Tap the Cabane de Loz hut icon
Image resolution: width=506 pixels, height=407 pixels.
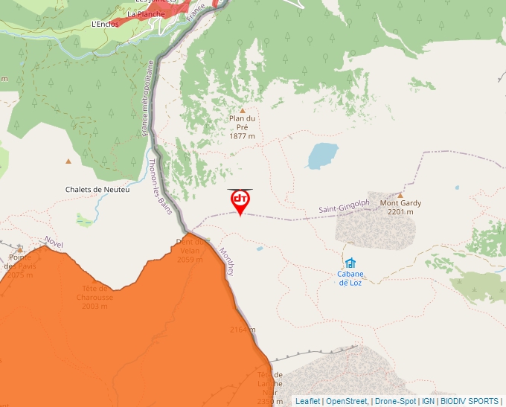(x=350, y=263)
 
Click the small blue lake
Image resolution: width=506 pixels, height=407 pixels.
(x=321, y=156)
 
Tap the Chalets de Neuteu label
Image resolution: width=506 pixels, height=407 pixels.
(x=97, y=190)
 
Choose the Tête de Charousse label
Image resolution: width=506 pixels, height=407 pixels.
(x=95, y=297)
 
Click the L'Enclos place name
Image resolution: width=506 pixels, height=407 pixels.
(x=105, y=25)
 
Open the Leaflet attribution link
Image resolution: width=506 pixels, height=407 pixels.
(x=307, y=401)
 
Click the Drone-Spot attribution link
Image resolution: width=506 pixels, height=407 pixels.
(x=395, y=401)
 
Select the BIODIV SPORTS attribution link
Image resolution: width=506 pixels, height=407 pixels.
(x=469, y=401)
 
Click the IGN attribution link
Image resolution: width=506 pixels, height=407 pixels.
(x=428, y=401)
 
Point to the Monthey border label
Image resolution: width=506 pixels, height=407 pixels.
(x=226, y=262)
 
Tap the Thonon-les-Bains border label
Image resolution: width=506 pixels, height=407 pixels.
(x=161, y=186)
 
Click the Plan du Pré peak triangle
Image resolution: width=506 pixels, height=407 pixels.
(x=242, y=110)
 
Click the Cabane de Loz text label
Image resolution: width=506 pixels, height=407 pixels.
(x=350, y=278)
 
